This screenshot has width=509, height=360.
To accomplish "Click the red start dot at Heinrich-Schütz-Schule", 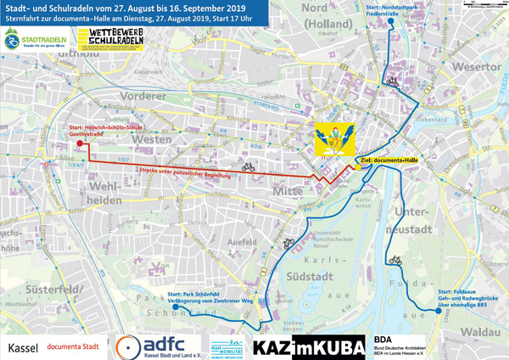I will pos(79,143).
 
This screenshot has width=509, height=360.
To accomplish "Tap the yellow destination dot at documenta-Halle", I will pos(358,167).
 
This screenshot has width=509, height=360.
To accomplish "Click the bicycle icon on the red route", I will pos(248,167).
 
